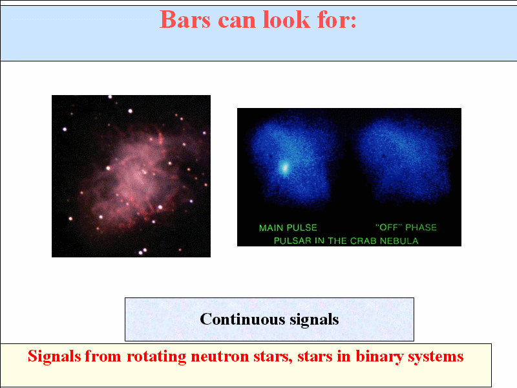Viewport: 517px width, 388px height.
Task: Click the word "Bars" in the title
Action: [x=185, y=19]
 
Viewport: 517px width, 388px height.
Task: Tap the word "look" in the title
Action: [x=286, y=19]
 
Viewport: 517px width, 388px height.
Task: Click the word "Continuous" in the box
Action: [x=242, y=319]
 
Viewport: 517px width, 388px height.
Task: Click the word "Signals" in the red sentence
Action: [x=54, y=356]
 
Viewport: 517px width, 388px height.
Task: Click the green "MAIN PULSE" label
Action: [x=288, y=228]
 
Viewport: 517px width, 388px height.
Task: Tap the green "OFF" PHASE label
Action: [x=406, y=228]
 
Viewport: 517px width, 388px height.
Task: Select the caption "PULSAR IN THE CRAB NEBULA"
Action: [x=346, y=241]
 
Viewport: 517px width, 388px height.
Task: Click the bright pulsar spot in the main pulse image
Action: [x=284, y=168]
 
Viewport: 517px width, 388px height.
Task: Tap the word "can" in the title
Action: [x=237, y=21]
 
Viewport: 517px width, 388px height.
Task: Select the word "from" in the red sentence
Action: [x=103, y=356]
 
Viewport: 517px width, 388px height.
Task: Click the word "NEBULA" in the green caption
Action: [x=399, y=241]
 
